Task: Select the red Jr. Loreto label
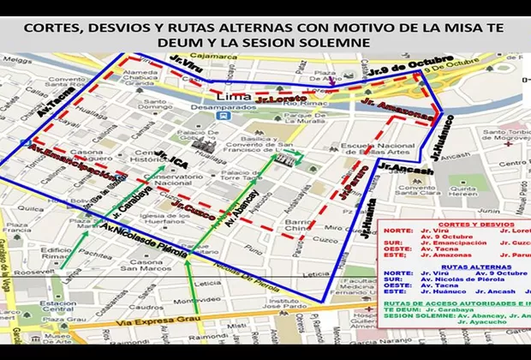point(277,99)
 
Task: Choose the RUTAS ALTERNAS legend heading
point(452,267)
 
